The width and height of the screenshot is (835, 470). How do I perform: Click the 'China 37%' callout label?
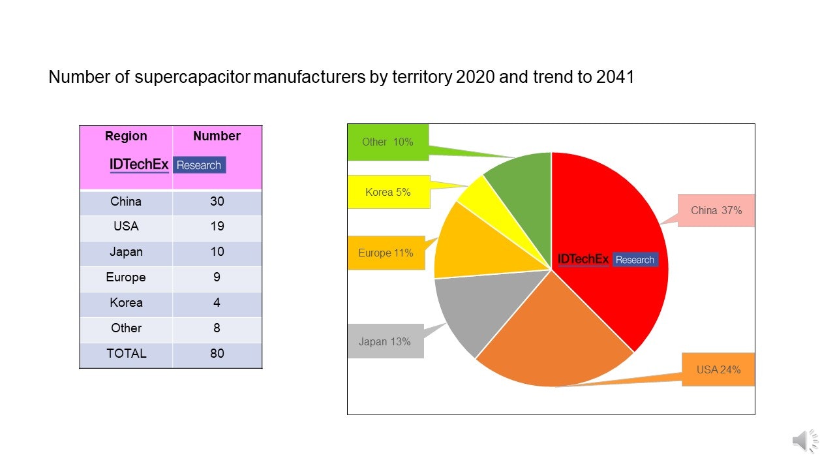pos(716,210)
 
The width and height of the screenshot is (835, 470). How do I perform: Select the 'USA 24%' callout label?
pos(718,369)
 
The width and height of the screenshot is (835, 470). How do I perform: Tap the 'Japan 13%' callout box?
pos(385,341)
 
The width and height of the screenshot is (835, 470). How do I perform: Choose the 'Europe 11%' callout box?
pos(386,253)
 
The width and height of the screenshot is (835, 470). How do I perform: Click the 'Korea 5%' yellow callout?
pos(388,192)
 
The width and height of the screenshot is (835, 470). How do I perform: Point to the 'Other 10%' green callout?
pos(387,142)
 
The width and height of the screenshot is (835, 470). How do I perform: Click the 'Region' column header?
pos(126,136)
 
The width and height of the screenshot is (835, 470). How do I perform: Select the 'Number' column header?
pos(217,136)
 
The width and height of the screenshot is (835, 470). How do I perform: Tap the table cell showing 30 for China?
pos(217,202)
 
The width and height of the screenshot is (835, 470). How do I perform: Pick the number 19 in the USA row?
pos(217,227)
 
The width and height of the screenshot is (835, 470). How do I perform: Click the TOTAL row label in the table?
pos(126,354)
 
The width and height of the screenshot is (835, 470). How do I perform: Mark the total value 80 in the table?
pos(217,354)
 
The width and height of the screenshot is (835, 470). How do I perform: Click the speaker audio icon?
pos(804,441)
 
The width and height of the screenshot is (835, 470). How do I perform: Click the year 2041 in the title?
pos(615,78)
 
